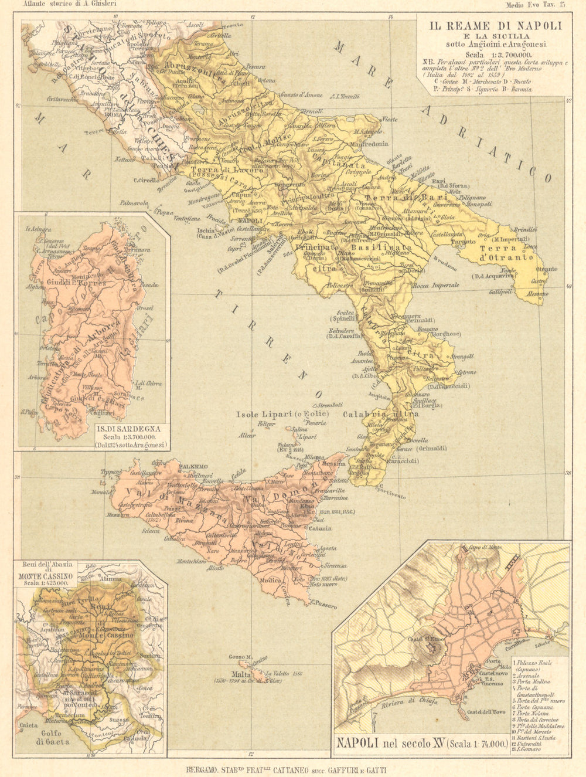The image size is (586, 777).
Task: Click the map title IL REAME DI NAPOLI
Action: [x=496, y=26]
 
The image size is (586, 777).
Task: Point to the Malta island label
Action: [x=240, y=673]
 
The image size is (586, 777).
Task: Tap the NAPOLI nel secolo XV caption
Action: [x=420, y=744]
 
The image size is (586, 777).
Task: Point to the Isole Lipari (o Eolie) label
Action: [x=282, y=414]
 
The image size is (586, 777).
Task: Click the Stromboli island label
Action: [x=329, y=405]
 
